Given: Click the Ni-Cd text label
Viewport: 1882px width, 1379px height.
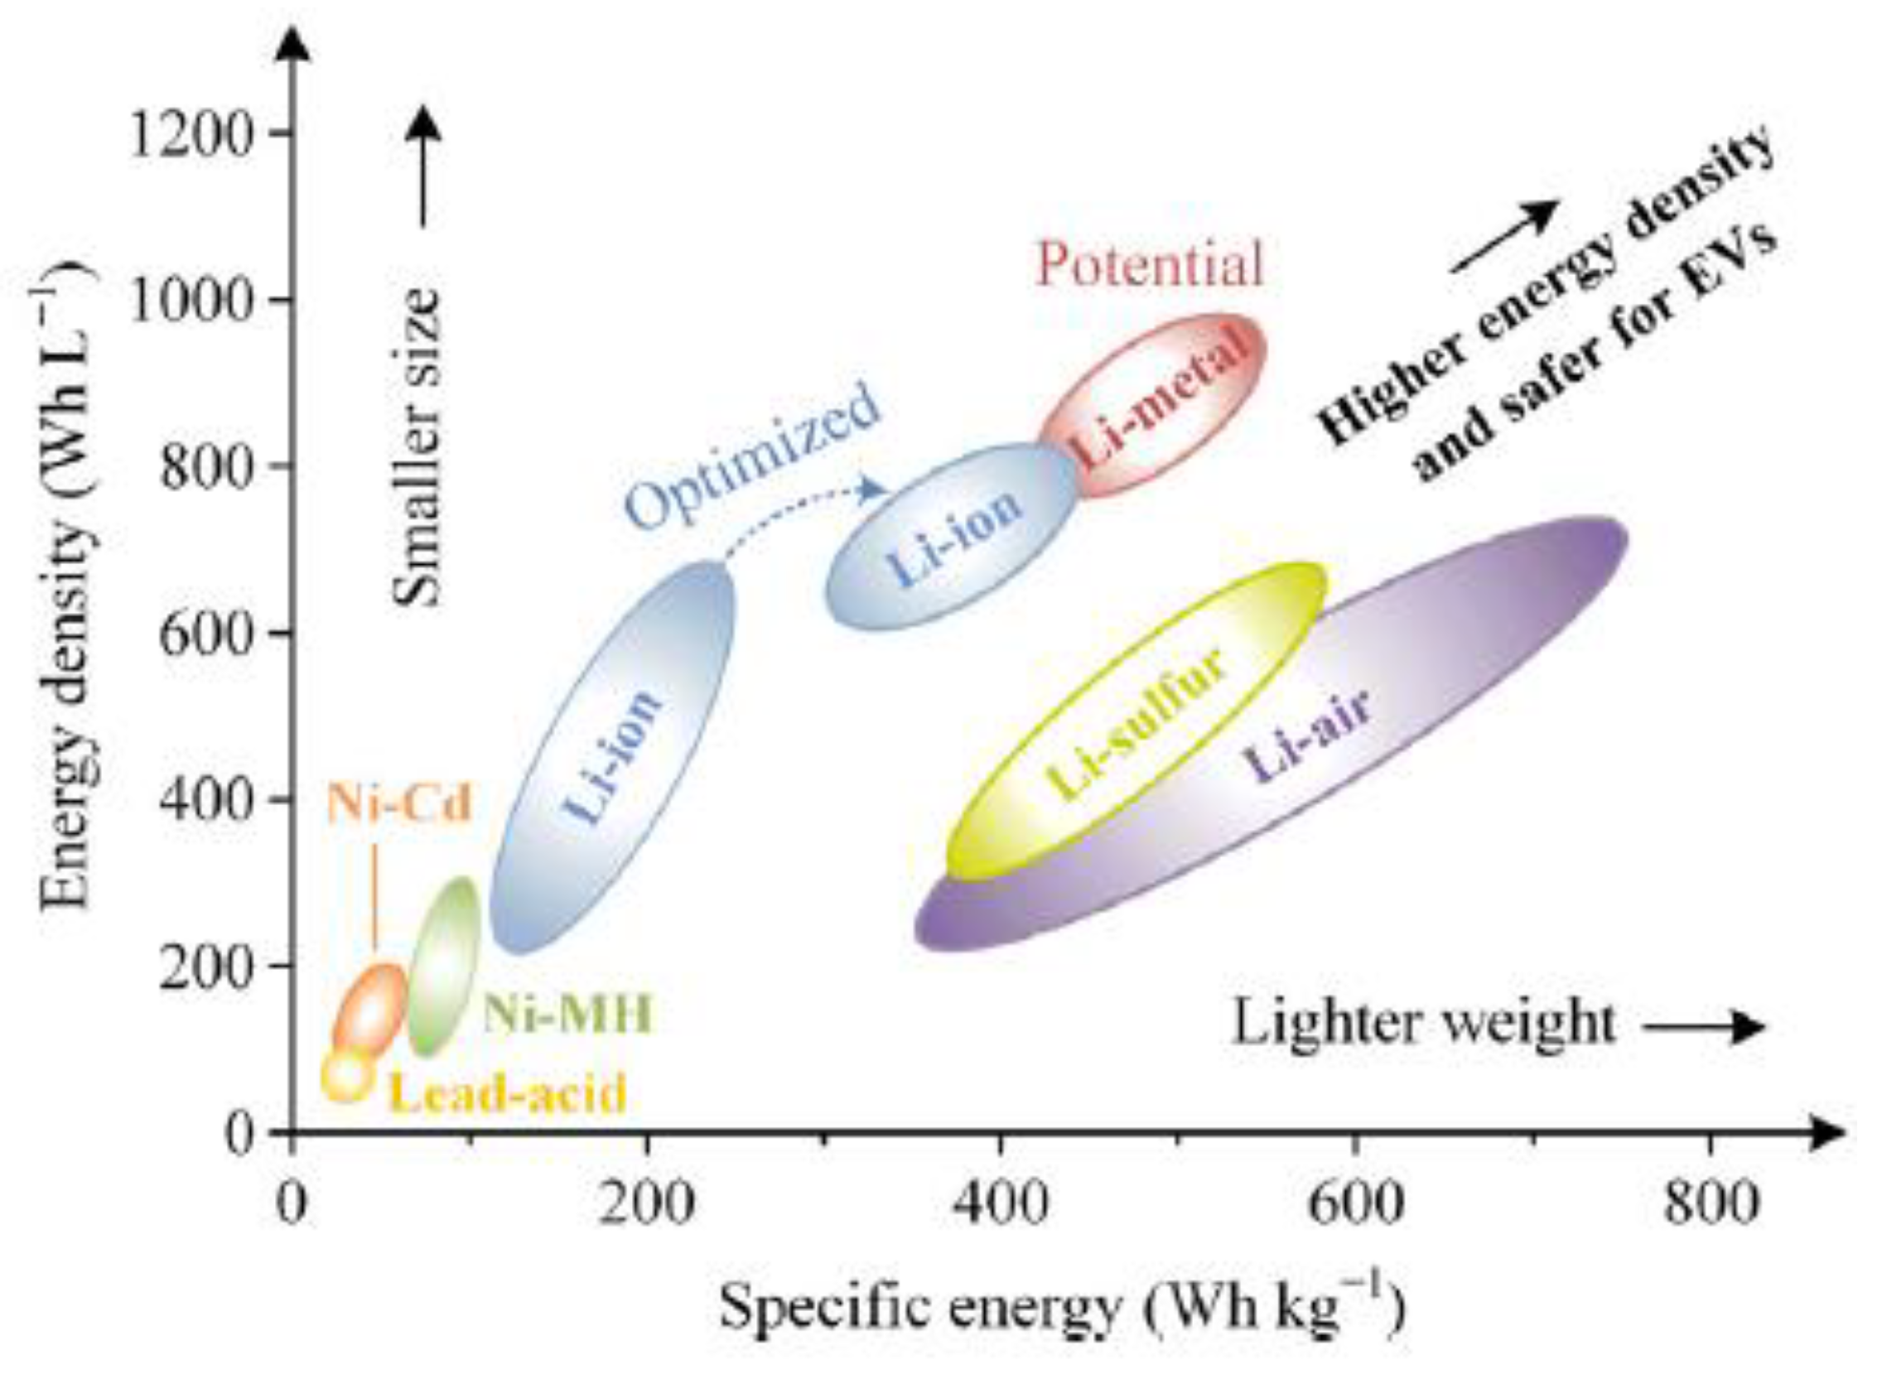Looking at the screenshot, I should click(399, 804).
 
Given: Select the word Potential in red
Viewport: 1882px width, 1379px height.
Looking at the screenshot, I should click(1150, 266).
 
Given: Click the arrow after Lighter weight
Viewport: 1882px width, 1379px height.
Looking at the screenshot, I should click(1703, 1027).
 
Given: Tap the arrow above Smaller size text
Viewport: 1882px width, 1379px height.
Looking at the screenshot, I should click(425, 167).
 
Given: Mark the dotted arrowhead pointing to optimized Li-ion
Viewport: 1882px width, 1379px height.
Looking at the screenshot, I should click(875, 489).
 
